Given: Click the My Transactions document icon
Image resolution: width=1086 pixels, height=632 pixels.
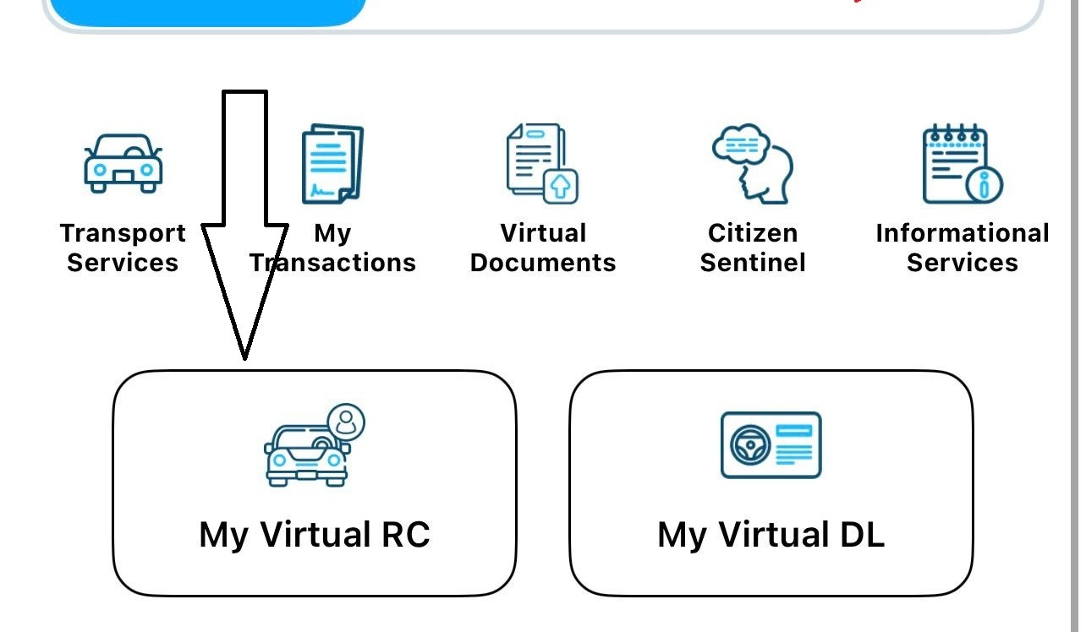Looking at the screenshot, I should pyautogui.click(x=332, y=165).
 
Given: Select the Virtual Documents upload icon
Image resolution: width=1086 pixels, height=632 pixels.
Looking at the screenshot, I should pyautogui.click(x=542, y=165).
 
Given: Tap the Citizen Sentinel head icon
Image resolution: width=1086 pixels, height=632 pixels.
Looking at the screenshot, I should pyautogui.click(x=752, y=165).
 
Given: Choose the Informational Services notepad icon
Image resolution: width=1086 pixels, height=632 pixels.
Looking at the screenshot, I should pyautogui.click(x=962, y=165).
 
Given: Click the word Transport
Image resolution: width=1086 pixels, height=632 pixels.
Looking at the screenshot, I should pyautogui.click(x=123, y=233).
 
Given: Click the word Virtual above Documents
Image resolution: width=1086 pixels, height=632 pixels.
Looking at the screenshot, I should pyautogui.click(x=543, y=233).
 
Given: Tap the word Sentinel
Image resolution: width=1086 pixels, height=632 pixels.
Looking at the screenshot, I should pyautogui.click(x=753, y=263).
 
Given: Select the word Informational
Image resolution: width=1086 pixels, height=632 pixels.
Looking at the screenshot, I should pyautogui.click(x=962, y=233).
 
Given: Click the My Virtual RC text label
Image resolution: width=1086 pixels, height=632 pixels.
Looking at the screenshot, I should pyautogui.click(x=315, y=535).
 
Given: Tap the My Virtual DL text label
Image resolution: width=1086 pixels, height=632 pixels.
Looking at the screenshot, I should pyautogui.click(x=771, y=535).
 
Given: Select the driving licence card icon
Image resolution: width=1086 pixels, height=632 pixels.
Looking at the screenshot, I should pyautogui.click(x=771, y=445).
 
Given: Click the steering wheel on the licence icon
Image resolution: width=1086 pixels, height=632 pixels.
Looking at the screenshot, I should pyautogui.click(x=749, y=444).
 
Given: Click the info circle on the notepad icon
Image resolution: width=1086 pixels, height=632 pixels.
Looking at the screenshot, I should pyautogui.click(x=984, y=183).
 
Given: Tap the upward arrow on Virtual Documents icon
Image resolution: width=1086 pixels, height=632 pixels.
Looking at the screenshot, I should pyautogui.click(x=560, y=185).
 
